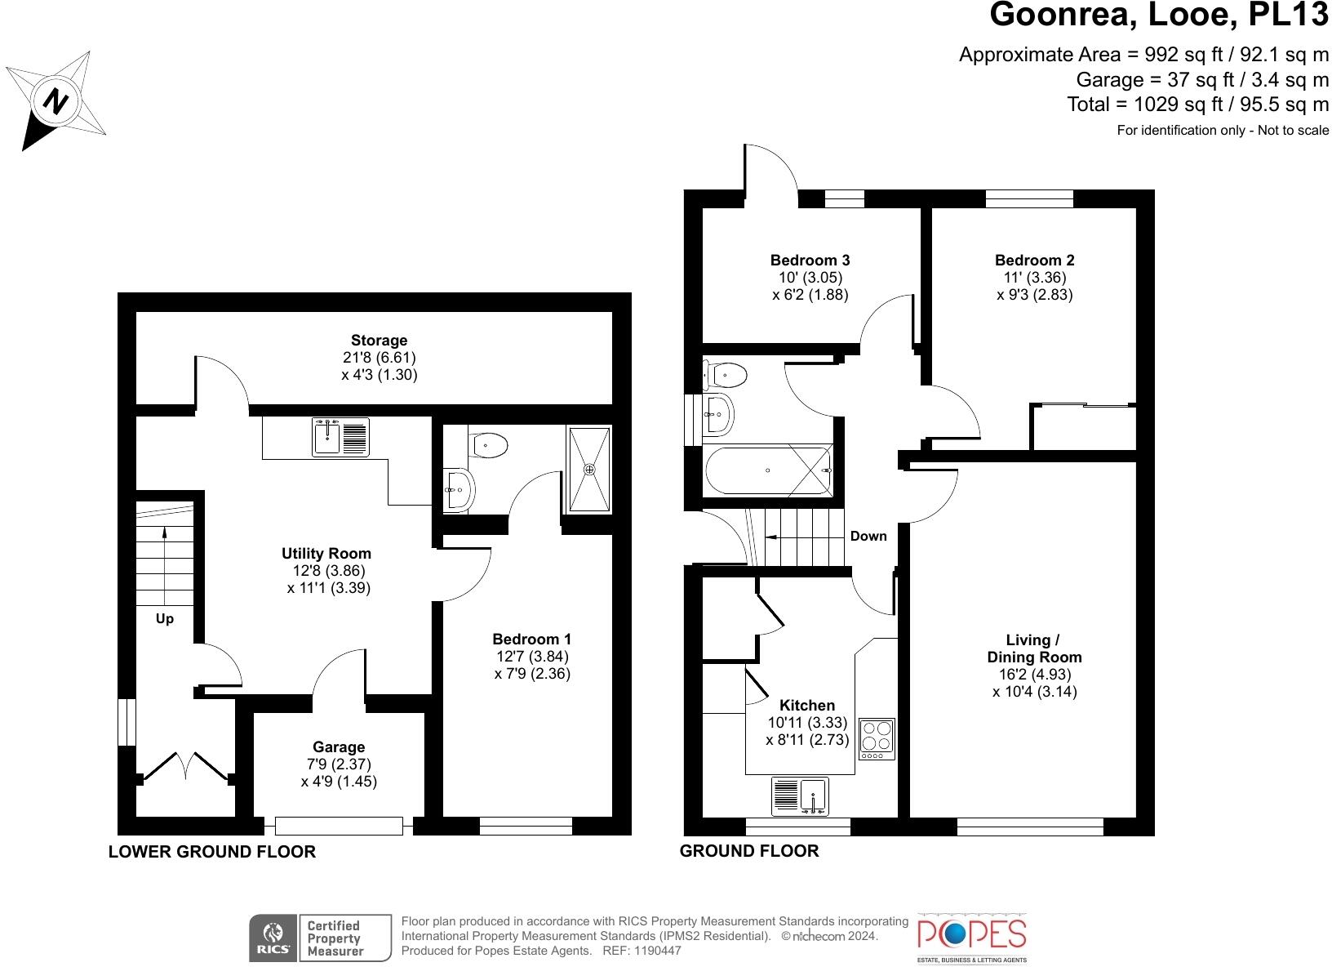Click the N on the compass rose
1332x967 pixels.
(x=55, y=101)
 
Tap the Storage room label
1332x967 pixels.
(x=379, y=341)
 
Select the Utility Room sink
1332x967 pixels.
(x=340, y=437)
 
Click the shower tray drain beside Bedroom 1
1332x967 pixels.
(x=588, y=470)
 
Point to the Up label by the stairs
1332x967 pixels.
(x=165, y=619)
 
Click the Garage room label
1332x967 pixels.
(x=339, y=746)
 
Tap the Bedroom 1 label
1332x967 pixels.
(x=531, y=639)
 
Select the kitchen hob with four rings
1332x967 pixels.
(x=877, y=739)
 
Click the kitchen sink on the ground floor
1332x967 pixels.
(x=800, y=796)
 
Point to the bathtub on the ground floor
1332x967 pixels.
(x=768, y=470)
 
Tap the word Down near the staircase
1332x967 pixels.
(x=868, y=536)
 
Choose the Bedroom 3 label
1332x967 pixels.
(x=810, y=260)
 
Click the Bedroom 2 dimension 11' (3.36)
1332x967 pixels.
(x=1035, y=278)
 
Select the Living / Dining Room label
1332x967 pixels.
(x=1034, y=648)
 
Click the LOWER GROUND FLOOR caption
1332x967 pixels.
(x=211, y=852)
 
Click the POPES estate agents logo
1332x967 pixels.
(x=972, y=938)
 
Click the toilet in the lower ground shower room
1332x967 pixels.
(x=487, y=445)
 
